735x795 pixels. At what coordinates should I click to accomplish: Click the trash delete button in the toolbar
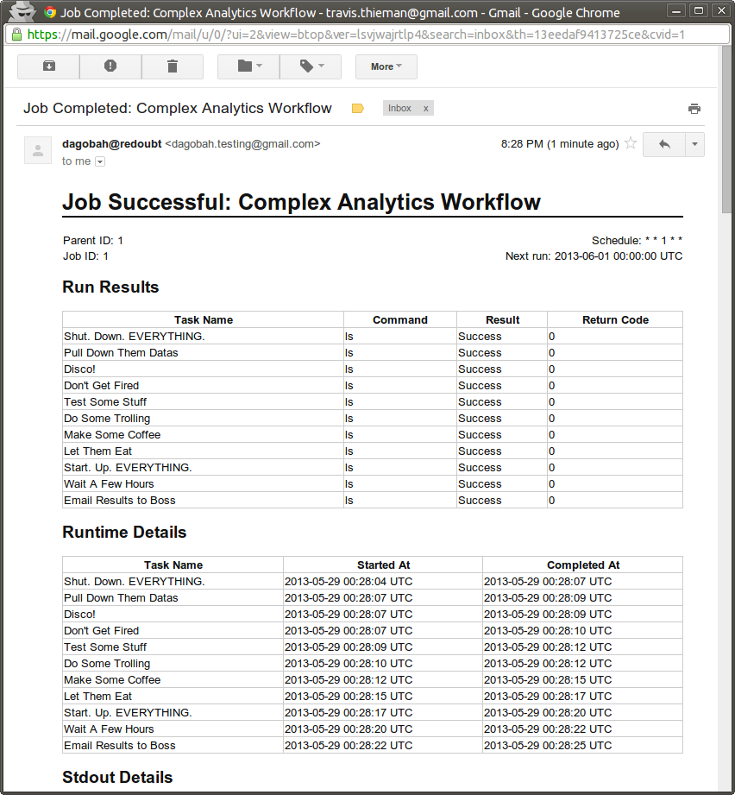[x=173, y=66]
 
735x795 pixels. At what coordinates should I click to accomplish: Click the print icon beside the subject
[x=694, y=109]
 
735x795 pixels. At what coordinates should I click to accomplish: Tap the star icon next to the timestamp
[x=631, y=143]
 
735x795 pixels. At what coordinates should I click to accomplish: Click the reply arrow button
[x=664, y=144]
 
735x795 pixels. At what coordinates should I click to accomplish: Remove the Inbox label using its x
[x=425, y=109]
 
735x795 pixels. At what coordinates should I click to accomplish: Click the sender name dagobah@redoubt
[x=111, y=143]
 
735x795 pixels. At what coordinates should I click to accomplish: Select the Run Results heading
[x=110, y=287]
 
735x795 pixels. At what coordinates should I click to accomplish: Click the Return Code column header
[x=615, y=319]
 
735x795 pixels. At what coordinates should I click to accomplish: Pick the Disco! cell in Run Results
[x=80, y=369]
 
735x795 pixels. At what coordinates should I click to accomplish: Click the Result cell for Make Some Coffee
[x=480, y=435]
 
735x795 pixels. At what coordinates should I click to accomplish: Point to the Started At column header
[x=383, y=565]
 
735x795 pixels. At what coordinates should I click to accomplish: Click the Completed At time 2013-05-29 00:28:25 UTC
[x=548, y=746]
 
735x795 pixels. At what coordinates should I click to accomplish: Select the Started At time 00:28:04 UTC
[x=349, y=582]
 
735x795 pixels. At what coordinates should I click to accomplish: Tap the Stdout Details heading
[x=117, y=778]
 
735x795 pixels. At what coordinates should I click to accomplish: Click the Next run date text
[x=594, y=256]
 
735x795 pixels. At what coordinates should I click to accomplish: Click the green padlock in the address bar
[x=16, y=35]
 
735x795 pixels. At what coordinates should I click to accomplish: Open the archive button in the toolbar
[x=48, y=66]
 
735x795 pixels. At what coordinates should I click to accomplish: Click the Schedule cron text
[x=637, y=241]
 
